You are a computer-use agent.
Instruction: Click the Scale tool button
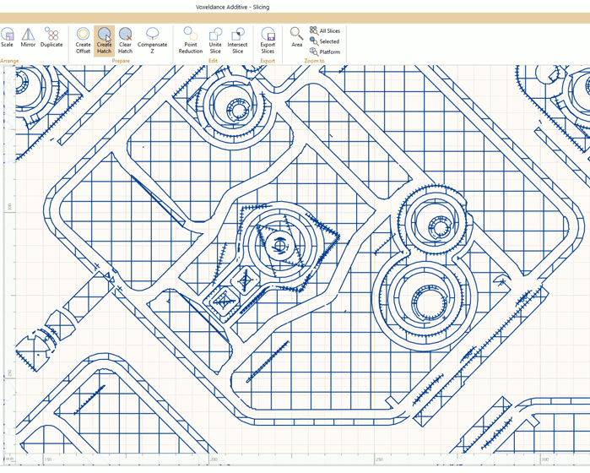tap(8, 38)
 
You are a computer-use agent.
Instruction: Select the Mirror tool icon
tap(29, 38)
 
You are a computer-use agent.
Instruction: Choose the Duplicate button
tap(51, 38)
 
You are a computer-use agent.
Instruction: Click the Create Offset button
tap(83, 40)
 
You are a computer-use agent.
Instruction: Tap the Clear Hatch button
tap(125, 40)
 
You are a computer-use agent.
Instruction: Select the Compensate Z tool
tap(153, 40)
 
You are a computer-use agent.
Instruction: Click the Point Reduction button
tap(191, 40)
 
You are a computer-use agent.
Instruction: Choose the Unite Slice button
tap(215, 40)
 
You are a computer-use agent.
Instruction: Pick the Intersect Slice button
tap(237, 40)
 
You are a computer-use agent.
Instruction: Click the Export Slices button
tap(268, 40)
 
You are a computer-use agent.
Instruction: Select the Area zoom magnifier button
tap(296, 37)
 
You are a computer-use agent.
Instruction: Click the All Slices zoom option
tap(325, 30)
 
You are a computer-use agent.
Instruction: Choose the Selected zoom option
tap(325, 41)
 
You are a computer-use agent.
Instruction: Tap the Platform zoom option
tap(325, 52)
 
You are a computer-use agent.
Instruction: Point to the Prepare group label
tap(121, 61)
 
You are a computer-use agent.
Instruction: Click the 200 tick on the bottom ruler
tap(214, 460)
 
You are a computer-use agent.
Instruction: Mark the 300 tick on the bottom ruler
tap(544, 460)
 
